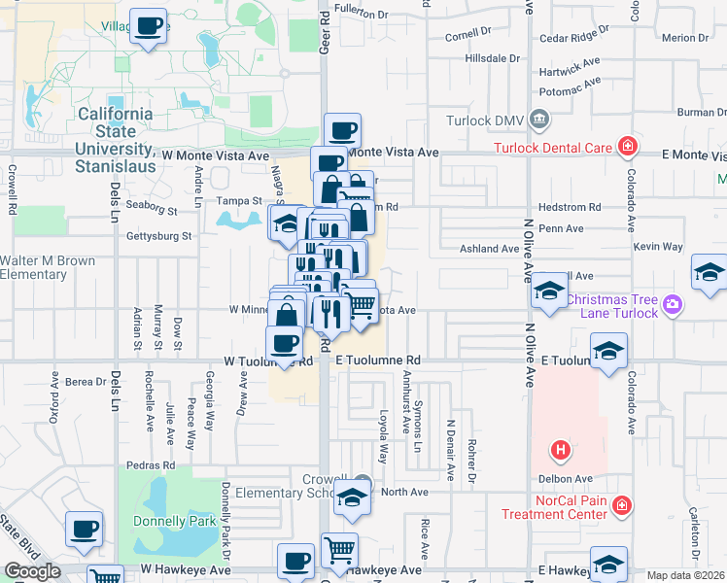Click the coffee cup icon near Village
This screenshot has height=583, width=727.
click(148, 25)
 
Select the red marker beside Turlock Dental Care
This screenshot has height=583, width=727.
click(629, 147)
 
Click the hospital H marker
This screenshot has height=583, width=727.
click(560, 450)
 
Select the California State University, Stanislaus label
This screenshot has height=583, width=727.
click(117, 131)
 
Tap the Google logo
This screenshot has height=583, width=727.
click(32, 571)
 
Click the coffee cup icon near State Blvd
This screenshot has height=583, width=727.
click(84, 529)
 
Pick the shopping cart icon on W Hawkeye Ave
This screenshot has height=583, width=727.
click(339, 550)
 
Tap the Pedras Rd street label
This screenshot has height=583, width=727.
click(156, 464)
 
